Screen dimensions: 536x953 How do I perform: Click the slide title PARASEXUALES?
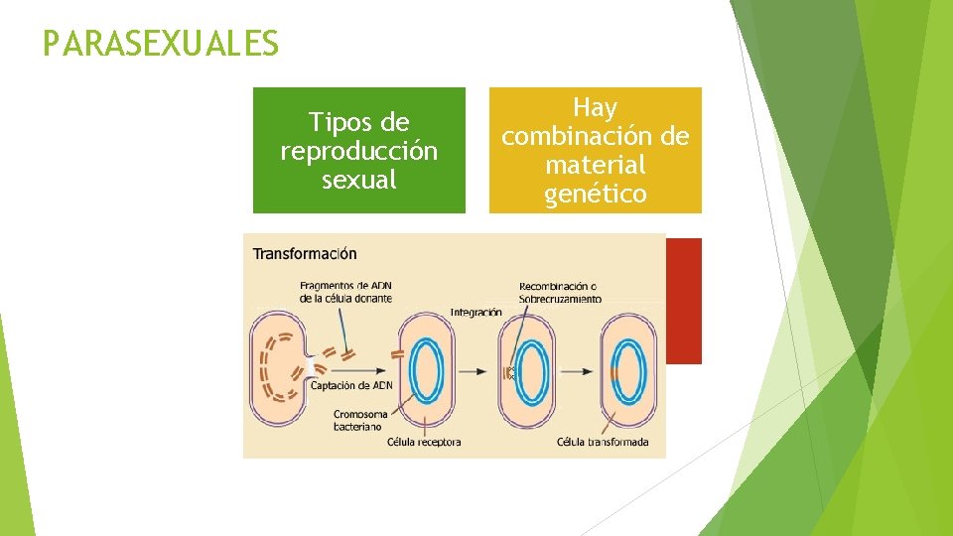tap(161, 44)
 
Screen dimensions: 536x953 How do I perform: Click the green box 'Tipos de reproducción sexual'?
tap(358, 150)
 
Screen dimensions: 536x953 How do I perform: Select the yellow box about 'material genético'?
tap(595, 150)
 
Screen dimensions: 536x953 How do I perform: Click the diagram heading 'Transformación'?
tap(305, 254)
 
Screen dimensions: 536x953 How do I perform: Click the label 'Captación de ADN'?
tap(355, 385)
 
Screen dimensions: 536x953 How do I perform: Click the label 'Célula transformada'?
tap(603, 442)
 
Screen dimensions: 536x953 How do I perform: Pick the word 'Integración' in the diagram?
tap(476, 312)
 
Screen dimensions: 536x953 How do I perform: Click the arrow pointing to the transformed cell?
tap(577, 371)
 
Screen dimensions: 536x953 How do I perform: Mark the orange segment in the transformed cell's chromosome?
tap(614, 375)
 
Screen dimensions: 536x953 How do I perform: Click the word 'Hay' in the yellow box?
tap(595, 107)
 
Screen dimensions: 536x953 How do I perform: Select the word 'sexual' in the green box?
tap(358, 180)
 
